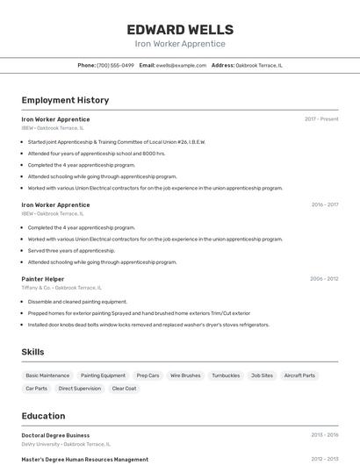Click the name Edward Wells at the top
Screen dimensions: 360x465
(180, 29)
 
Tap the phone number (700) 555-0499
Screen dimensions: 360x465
(115, 65)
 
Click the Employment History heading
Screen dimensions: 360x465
(65, 101)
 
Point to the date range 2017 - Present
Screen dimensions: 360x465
(321, 119)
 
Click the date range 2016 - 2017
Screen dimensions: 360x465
(324, 204)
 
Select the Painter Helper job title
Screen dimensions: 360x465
(43, 279)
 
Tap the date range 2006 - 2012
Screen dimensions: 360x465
(324, 279)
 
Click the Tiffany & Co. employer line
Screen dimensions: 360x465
(61, 288)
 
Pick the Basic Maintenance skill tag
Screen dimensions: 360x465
(47, 376)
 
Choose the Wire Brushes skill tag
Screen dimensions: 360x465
(185, 376)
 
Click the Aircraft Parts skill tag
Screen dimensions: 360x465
(299, 376)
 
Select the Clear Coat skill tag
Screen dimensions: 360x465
(124, 388)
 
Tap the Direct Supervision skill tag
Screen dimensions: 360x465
(80, 388)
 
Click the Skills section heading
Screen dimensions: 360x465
(33, 352)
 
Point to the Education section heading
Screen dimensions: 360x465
(43, 416)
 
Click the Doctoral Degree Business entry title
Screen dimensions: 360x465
(55, 435)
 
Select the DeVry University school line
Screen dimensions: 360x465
(66, 444)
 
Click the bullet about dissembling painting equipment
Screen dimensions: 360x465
(77, 302)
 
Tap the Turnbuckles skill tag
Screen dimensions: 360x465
(226, 376)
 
